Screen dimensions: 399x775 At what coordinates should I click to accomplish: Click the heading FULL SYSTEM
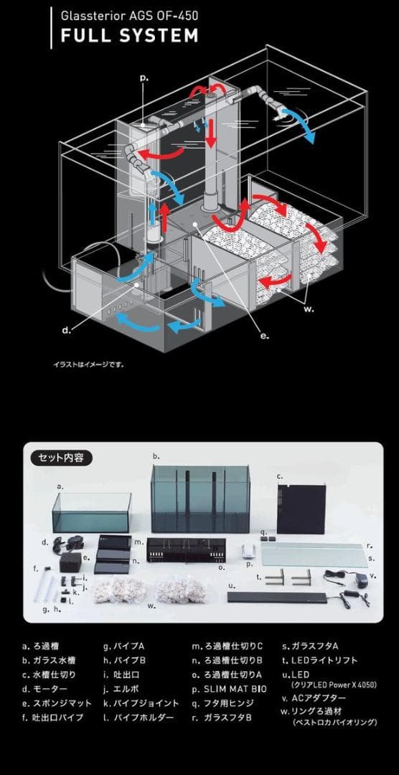coord(130,36)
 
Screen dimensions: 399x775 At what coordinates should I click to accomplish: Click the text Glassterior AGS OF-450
coord(130,16)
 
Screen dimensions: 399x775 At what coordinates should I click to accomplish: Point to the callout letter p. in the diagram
coord(144,78)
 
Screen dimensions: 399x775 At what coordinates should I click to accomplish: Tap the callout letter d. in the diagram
coord(67,329)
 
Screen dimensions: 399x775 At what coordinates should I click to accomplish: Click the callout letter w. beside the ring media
coord(309,309)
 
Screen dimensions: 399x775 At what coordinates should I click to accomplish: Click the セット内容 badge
coord(62,458)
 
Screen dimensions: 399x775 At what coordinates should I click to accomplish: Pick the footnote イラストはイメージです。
coord(88,365)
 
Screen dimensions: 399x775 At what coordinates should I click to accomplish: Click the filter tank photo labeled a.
coord(92,512)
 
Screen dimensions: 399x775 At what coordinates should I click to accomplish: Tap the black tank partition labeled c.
coord(301,509)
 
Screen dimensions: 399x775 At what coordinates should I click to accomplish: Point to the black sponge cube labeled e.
coord(71,561)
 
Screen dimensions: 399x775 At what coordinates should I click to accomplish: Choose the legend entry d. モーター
coord(44,688)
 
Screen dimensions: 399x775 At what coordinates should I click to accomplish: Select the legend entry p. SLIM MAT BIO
coord(229,688)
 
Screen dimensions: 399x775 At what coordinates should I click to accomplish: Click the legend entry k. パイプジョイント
coord(141,703)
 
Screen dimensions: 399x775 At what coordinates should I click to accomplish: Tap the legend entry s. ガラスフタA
coord(310,646)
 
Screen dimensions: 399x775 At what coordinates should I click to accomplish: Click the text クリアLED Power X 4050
coord(334,685)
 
